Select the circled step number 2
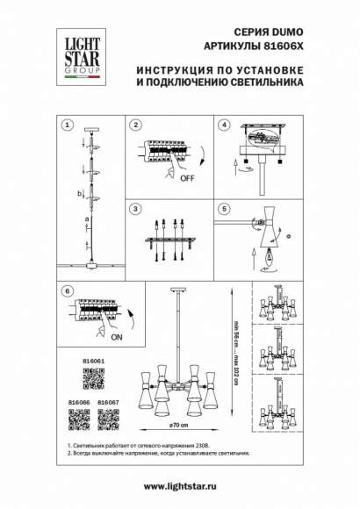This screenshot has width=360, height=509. (136, 125)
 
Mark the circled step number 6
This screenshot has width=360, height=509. (67, 290)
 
